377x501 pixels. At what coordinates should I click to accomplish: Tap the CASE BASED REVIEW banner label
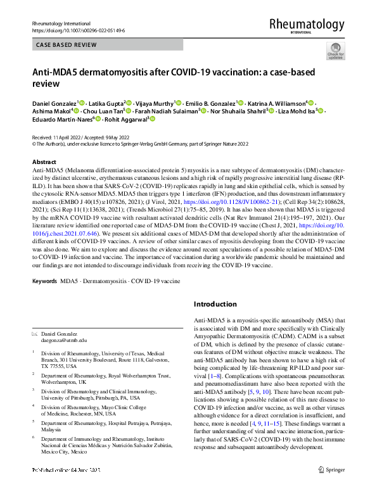coord(66,45)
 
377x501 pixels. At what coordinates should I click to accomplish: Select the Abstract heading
coord(44,162)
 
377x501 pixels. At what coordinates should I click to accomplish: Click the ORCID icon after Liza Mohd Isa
coord(321,111)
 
